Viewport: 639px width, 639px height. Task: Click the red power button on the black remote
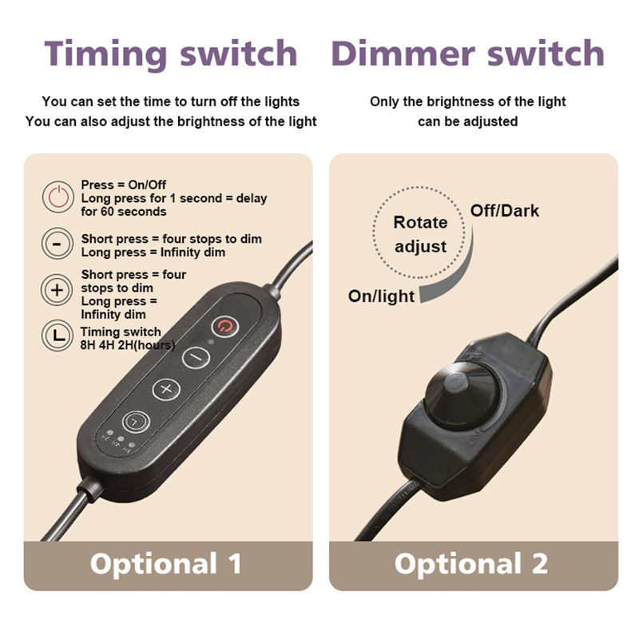(x=224, y=326)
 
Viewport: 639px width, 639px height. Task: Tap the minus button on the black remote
(x=196, y=357)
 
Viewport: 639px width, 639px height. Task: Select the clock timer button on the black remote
(x=136, y=422)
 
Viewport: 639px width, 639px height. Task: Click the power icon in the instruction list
(x=58, y=197)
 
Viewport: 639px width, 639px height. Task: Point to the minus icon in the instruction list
(x=58, y=244)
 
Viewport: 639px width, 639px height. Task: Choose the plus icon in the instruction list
(x=57, y=290)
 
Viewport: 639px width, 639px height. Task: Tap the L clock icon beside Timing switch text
(x=57, y=335)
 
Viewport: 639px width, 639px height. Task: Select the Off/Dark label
(x=505, y=211)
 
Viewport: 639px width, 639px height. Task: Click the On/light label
(x=381, y=296)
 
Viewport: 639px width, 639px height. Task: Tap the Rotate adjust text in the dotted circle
(x=421, y=234)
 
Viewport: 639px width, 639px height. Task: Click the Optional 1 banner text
(x=166, y=564)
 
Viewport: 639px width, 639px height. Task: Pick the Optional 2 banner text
(x=471, y=564)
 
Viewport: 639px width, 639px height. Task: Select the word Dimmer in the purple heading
(x=403, y=53)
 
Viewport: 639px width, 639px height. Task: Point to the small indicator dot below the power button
(x=211, y=342)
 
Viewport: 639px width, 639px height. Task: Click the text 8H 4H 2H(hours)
(x=128, y=345)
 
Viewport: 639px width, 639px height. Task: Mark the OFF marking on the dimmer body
(x=474, y=356)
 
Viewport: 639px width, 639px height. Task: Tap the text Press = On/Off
(x=124, y=185)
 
